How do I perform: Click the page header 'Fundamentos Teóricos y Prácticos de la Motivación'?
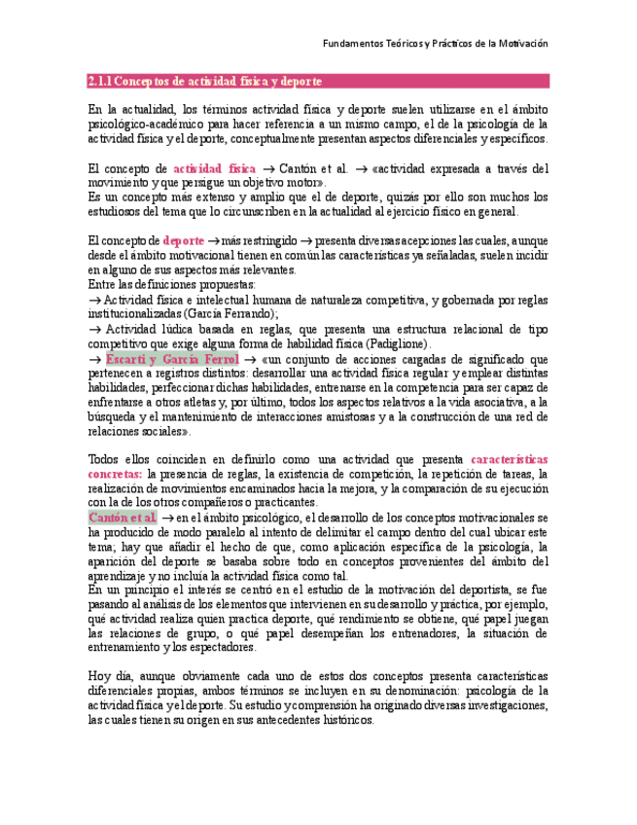(436, 44)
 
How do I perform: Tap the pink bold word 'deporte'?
(184, 240)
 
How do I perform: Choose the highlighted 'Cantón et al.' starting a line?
(122, 518)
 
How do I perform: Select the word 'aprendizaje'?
(119, 576)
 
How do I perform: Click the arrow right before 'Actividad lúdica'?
(93, 329)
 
